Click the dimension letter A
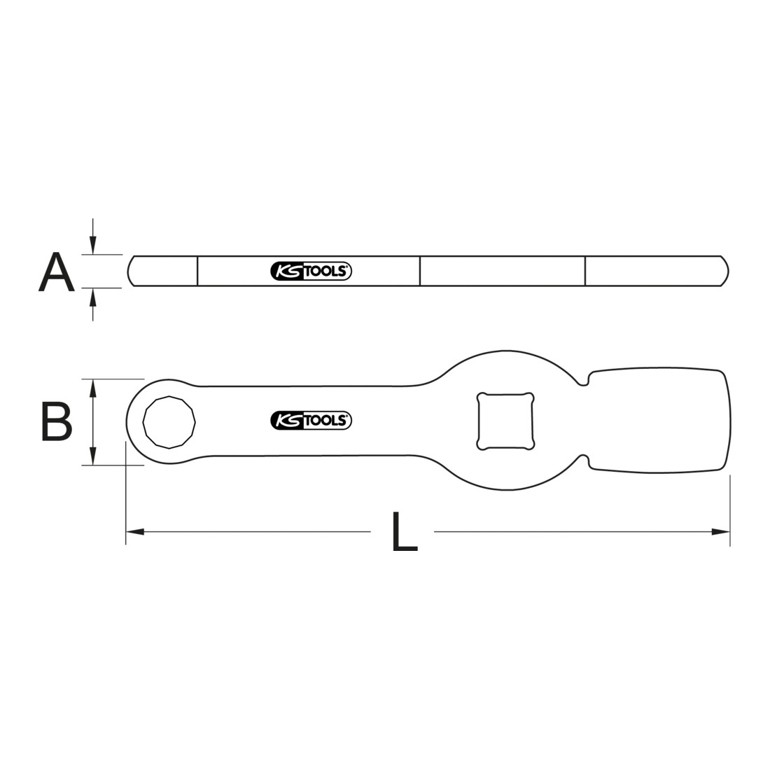tap(57, 272)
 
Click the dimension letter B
tap(57, 421)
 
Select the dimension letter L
tap(404, 531)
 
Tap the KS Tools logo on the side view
tap(311, 271)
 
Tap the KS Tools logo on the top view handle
tap(311, 421)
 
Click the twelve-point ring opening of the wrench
tap(169, 422)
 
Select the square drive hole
tap(505, 421)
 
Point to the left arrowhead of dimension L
tap(135, 531)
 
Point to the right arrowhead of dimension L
tap(721, 531)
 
